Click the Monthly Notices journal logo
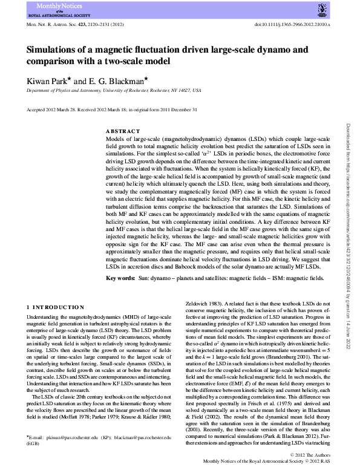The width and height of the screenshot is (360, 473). point(54,10)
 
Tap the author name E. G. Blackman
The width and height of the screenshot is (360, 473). point(118,80)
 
